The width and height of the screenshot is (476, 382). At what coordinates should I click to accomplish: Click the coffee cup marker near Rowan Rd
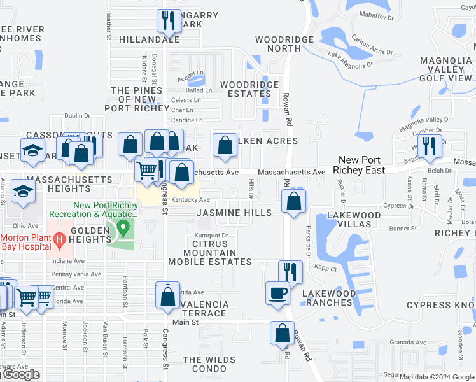[x=277, y=294]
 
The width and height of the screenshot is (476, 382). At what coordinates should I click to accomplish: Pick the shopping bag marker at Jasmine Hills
[x=293, y=201]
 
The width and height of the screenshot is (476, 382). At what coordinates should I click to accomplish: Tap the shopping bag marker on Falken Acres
[x=224, y=145]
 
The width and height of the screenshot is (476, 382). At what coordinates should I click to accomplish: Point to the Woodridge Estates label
[x=249, y=89]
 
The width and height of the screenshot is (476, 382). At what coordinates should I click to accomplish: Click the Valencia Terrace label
[x=204, y=309]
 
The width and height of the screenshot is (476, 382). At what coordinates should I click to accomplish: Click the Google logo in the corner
[x=22, y=374]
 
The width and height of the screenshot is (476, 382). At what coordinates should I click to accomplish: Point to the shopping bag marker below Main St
[x=282, y=332]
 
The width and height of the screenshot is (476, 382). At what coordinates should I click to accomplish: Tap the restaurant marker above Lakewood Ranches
[x=290, y=272]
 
